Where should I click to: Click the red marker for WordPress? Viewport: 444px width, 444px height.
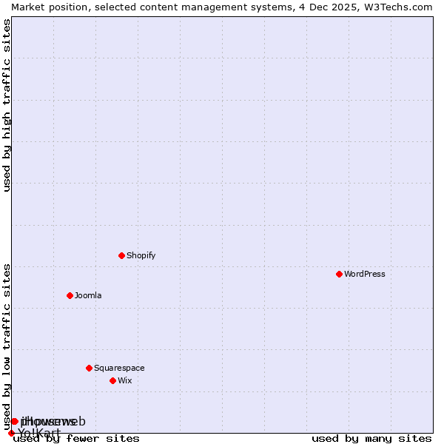tap(339, 274)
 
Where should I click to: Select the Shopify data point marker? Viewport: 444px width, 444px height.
tap(121, 255)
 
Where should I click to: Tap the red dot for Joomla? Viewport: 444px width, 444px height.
tap(70, 295)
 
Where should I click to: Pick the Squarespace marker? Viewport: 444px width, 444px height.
tap(89, 368)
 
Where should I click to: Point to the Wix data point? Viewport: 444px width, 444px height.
tap(112, 380)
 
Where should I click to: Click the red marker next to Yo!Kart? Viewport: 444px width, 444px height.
tap(11, 434)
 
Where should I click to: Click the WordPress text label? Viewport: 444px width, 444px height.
tap(365, 274)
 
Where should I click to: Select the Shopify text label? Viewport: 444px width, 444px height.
tap(141, 255)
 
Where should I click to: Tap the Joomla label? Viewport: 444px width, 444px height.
tap(88, 295)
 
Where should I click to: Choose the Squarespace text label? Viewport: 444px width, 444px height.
tap(119, 368)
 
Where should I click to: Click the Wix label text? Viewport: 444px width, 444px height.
tap(125, 380)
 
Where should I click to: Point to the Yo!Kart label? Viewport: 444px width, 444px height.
tap(39, 433)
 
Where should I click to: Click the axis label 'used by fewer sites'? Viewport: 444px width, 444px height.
tap(76, 439)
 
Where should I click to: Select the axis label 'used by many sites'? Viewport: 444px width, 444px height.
tap(371, 439)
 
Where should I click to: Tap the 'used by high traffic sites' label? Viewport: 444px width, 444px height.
tap(7, 105)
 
